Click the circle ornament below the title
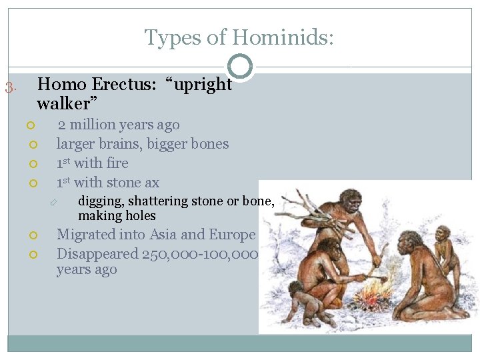(x=240, y=67)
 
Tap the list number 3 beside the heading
(x=9, y=87)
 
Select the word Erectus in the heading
(x=121, y=85)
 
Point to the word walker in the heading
(x=65, y=104)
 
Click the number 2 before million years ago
(x=61, y=125)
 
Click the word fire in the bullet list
(x=117, y=163)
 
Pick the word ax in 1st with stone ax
(x=151, y=183)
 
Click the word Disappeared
(x=97, y=254)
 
